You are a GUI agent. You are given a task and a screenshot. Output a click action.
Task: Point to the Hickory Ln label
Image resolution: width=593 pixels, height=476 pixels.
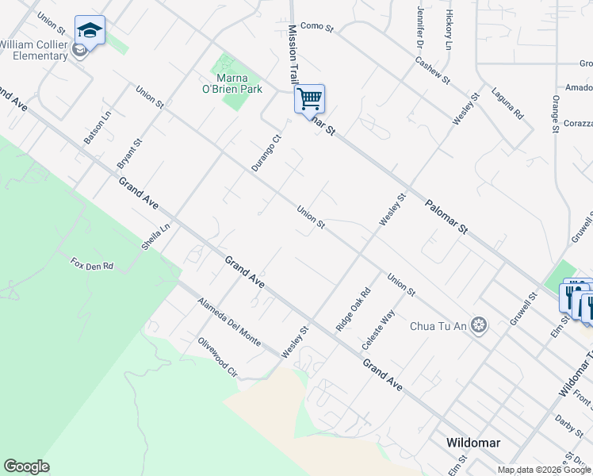449,26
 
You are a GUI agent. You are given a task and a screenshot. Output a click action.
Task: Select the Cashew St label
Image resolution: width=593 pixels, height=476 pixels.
433,70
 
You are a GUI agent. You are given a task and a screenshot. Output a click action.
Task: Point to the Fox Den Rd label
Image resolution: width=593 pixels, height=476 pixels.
92,264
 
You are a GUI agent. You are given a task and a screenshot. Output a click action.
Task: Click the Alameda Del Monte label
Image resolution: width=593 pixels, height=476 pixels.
229,322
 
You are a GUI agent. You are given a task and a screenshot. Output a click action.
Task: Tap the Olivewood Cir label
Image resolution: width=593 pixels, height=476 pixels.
218,359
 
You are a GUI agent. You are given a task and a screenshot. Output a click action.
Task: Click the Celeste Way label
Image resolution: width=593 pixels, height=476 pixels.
378,331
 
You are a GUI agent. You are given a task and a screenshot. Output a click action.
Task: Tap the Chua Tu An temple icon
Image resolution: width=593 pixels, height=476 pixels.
478,324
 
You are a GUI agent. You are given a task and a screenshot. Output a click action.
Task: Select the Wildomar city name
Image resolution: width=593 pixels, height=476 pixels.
472,443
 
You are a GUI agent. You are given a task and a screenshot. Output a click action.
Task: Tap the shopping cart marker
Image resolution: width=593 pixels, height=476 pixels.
309,100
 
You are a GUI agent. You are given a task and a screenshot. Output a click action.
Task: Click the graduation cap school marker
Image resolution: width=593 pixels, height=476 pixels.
90,32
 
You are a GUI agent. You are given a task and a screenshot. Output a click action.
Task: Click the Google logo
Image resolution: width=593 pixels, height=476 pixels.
26,466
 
